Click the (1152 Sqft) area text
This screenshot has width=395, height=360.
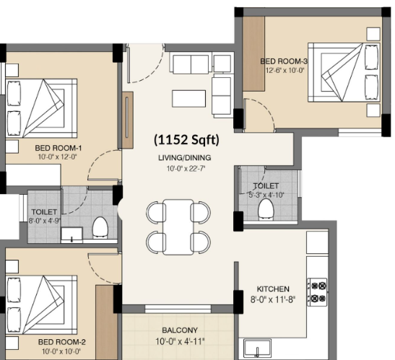[186, 140]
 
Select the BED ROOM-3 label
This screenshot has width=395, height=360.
[284, 61]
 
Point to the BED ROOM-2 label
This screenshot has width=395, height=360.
[61, 342]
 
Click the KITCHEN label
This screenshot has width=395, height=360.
[273, 289]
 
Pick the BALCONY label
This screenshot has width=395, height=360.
[180, 330]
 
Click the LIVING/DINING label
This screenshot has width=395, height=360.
[185, 158]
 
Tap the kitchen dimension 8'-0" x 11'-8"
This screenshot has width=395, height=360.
[273, 299]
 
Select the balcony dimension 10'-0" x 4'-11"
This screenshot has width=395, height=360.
[180, 342]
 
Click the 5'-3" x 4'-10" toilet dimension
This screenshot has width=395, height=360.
[266, 195]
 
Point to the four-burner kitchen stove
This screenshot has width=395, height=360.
[317, 292]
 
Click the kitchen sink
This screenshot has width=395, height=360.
[257, 348]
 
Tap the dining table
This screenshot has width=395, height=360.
[178, 227]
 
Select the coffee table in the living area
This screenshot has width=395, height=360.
[189, 99]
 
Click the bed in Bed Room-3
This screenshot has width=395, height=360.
[344, 72]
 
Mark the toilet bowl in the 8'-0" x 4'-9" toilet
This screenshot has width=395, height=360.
[100, 227]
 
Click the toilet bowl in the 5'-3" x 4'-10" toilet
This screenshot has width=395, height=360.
[266, 209]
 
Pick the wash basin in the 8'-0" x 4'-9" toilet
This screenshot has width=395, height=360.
[71, 235]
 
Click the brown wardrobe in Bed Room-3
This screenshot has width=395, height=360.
[253, 53]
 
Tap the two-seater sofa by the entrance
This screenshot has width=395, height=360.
[191, 64]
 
